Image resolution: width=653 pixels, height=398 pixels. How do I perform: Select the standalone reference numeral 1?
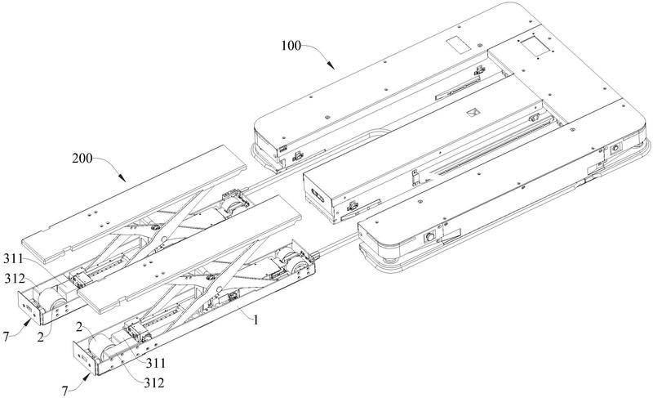pyautogui.click(x=255, y=320)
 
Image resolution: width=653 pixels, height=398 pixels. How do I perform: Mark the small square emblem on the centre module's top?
pyautogui.click(x=471, y=113)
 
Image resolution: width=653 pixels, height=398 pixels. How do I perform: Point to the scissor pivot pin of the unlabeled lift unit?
pyautogui.click(x=166, y=238)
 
